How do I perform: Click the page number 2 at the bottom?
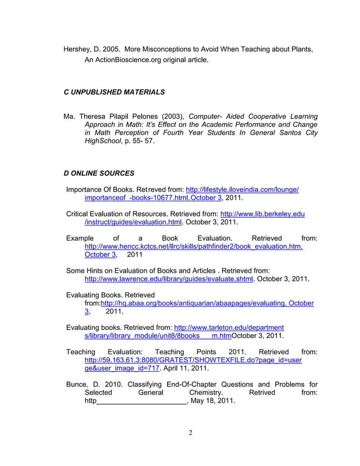[191, 433]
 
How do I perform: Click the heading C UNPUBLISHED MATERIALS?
[116, 91]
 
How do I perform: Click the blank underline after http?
[142, 401]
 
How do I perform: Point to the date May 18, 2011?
[213, 401]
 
